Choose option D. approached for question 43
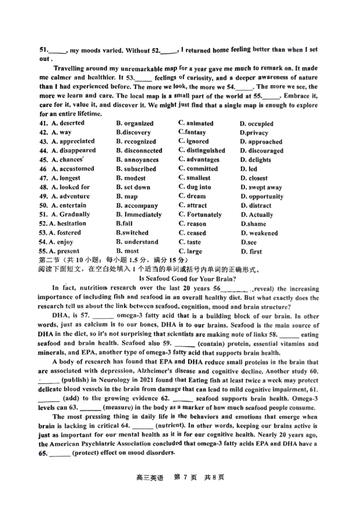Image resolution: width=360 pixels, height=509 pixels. [x=261, y=142]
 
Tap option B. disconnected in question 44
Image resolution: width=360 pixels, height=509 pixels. [x=139, y=151]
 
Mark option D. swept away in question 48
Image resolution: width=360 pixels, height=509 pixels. [x=261, y=188]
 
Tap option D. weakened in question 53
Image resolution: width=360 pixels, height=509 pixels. [x=259, y=233]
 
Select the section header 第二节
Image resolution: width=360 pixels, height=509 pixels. [x=50, y=260]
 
